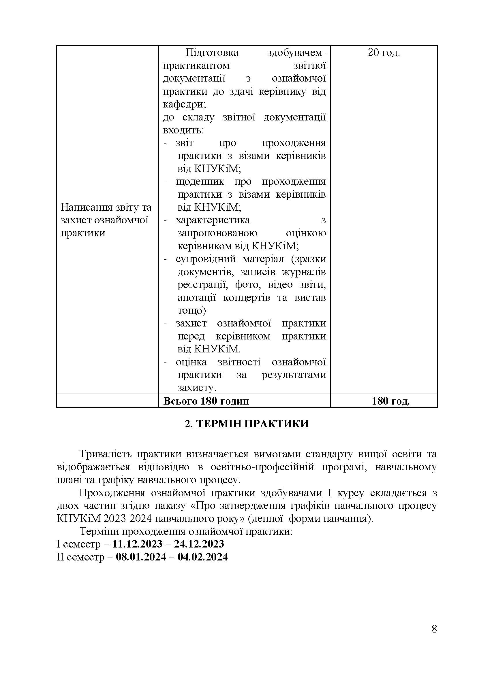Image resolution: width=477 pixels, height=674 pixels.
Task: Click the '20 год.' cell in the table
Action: tap(384, 53)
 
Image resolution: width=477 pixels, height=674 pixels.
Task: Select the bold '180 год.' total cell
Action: tap(390, 401)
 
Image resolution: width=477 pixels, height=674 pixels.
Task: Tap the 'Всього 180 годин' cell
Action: tap(206, 401)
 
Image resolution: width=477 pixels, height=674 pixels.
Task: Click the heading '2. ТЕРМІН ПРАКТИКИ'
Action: tap(247, 424)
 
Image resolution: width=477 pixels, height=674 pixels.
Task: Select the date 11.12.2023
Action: tap(138, 544)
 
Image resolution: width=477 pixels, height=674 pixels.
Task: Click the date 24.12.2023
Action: tap(199, 544)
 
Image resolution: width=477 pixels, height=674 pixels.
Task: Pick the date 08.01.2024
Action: tap(141, 557)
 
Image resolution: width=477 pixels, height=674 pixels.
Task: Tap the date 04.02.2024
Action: tap(203, 557)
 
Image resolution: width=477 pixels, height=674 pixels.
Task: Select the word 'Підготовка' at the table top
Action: tap(212, 53)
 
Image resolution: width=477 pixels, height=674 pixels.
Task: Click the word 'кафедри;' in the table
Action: tap(185, 104)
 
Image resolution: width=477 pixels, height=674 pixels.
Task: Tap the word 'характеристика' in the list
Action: tap(213, 220)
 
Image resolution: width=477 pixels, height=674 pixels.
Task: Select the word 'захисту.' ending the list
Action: tap(197, 388)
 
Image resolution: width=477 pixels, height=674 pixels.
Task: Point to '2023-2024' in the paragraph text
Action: tap(128, 518)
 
